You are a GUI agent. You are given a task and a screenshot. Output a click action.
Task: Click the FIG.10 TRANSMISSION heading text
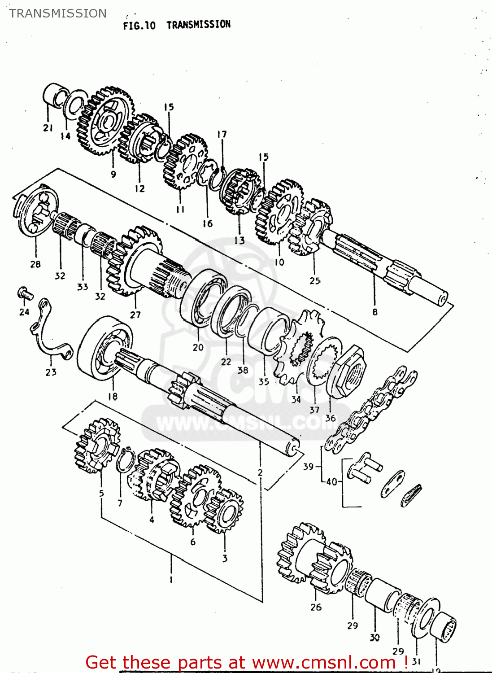click(177, 25)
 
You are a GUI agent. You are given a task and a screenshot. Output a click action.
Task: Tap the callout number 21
click(48, 128)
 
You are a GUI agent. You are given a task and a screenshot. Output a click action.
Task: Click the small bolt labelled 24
click(25, 294)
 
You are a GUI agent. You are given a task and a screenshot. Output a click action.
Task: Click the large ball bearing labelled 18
click(104, 348)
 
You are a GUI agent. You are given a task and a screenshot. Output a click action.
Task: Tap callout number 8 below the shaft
click(374, 312)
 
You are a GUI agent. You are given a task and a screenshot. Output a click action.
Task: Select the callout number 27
click(135, 315)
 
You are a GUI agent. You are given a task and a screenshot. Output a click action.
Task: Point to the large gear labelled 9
click(106, 120)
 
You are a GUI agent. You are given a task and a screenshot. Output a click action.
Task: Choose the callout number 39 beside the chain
click(308, 467)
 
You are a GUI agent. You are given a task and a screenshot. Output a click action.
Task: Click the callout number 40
click(331, 482)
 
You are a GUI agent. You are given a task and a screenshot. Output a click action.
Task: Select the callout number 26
click(316, 607)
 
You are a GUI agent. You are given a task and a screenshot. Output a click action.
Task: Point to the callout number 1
click(170, 580)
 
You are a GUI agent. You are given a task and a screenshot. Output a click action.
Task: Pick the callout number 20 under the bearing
click(198, 347)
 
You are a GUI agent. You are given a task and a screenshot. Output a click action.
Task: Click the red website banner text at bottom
click(247, 662)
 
